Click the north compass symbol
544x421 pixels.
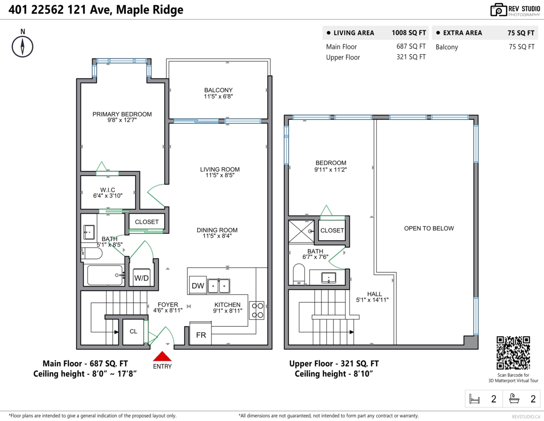(23, 47)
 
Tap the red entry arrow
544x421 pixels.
(162, 356)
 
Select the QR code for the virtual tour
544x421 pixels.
(513, 353)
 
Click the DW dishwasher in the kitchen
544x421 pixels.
(198, 285)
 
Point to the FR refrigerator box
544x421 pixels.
(200, 334)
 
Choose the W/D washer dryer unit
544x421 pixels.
(141, 277)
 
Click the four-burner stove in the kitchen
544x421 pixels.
(257, 310)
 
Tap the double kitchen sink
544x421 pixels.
(219, 286)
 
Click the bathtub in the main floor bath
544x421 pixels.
(105, 275)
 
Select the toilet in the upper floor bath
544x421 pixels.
(299, 274)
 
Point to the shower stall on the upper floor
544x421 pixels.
(301, 232)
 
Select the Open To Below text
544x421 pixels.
(429, 228)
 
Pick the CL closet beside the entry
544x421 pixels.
(133, 332)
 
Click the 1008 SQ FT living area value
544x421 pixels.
(409, 33)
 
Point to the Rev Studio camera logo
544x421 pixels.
(498, 10)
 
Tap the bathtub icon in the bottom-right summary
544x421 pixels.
(514, 399)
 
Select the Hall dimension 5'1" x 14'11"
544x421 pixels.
(372, 300)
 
